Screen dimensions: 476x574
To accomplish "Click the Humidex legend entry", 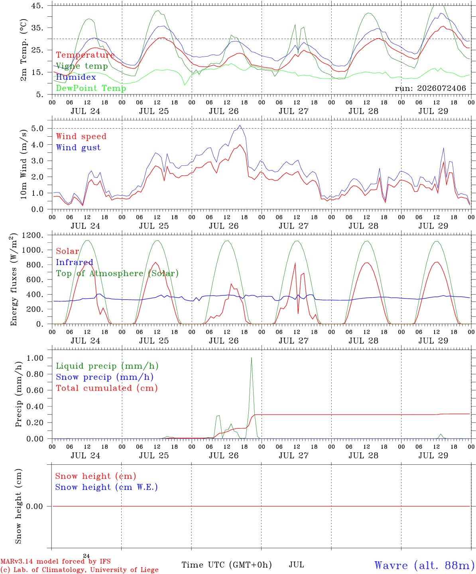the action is click(76, 77).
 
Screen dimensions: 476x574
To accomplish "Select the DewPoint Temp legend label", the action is click(91, 88).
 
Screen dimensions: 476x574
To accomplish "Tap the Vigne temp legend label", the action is click(82, 66).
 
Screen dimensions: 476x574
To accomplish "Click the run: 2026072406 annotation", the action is click(430, 88).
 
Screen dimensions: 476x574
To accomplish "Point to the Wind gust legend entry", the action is click(79, 147).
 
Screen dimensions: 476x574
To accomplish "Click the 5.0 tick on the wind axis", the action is click(37, 128).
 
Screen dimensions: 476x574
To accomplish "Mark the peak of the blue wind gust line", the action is click(240, 126).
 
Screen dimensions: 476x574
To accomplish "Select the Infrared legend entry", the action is click(75, 262).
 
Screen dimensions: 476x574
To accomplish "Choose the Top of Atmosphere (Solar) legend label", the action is click(118, 273).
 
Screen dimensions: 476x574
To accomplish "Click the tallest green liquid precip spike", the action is click(251, 358).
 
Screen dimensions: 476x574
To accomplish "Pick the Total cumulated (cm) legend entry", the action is click(107, 388).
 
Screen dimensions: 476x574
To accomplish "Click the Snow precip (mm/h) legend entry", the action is click(104, 377).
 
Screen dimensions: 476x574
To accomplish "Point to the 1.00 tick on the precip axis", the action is click(35, 358).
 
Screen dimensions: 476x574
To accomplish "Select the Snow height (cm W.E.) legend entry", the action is click(106, 487).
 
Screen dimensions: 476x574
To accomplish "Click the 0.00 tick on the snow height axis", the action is click(35, 506).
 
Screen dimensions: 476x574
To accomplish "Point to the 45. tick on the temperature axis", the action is click(37, 6).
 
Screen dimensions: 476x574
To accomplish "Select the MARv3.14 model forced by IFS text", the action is click(55, 561).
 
